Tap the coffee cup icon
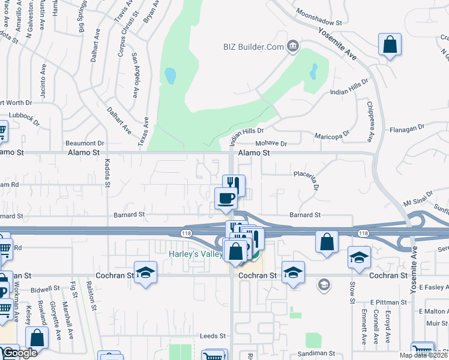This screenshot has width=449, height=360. click(x=226, y=197)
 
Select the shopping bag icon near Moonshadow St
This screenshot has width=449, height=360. click(x=390, y=44)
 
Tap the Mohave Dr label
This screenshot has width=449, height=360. click(x=272, y=144)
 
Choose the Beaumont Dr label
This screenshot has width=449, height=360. click(x=85, y=143)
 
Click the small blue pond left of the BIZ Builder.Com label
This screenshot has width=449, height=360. click(x=170, y=76)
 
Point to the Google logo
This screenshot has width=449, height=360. click(x=20, y=353)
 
